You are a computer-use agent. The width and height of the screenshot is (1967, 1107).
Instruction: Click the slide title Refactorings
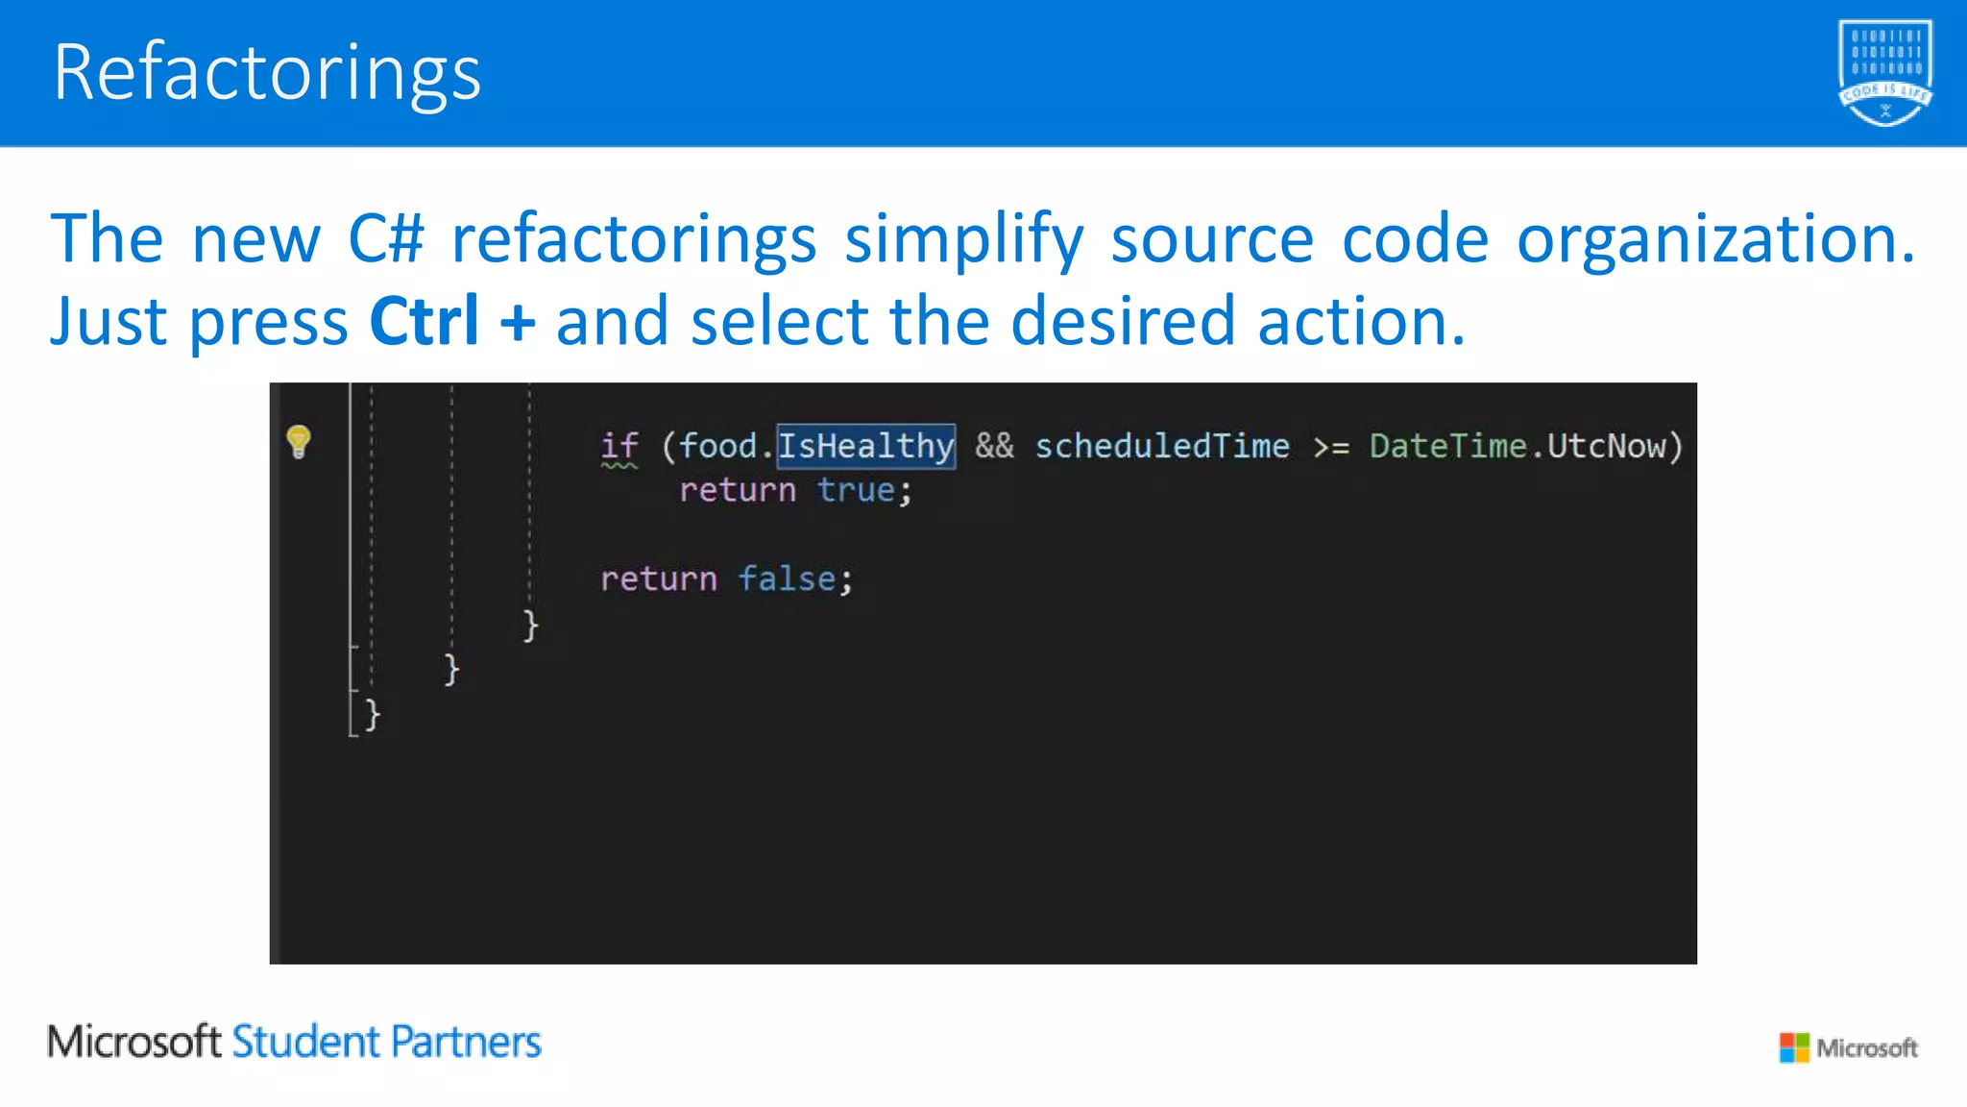[x=267, y=73]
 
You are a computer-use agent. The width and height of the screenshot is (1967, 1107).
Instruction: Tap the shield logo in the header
[x=1884, y=73]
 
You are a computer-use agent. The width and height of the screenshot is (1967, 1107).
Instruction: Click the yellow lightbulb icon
[x=299, y=442]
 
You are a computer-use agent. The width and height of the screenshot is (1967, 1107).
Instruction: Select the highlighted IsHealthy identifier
[x=865, y=447]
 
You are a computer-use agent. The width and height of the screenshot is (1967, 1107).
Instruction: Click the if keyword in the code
[x=619, y=447]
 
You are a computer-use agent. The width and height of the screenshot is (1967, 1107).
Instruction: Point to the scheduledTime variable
[x=1162, y=447]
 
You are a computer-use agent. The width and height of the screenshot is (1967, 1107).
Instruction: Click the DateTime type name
[x=1447, y=447]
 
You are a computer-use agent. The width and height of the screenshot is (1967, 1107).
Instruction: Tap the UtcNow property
[x=1606, y=447]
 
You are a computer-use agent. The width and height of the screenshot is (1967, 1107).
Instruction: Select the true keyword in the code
[x=856, y=491]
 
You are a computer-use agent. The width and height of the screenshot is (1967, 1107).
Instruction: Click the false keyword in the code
[x=787, y=579]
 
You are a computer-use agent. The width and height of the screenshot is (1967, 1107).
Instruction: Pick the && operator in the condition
[x=994, y=447]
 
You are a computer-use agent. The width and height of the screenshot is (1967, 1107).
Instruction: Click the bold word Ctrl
[x=424, y=321]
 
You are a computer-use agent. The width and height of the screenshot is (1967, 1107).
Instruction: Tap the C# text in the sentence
[x=385, y=238]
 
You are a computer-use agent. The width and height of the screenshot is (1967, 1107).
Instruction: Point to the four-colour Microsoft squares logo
[x=1793, y=1047]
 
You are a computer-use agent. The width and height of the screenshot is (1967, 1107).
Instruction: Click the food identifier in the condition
[x=718, y=447]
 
